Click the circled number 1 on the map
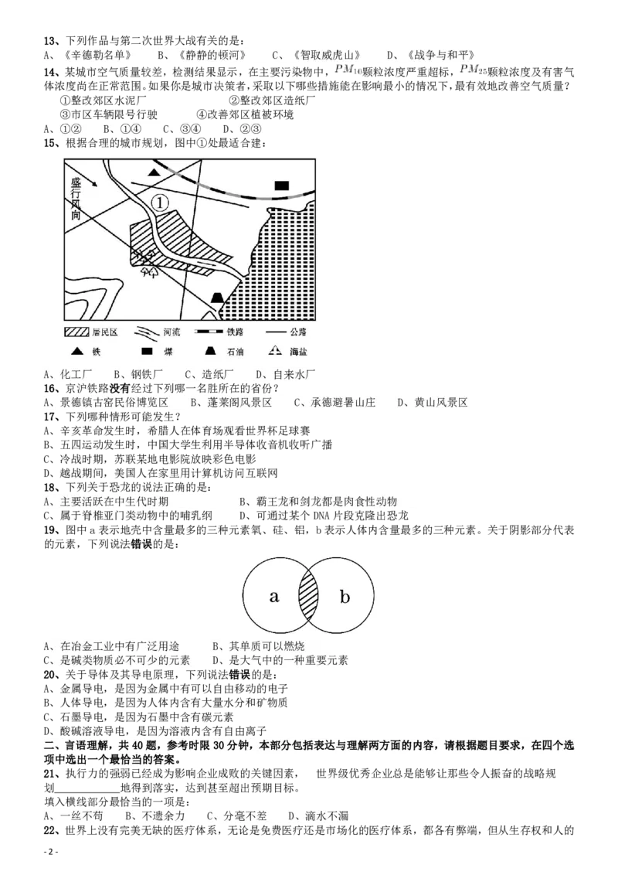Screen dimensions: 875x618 coord(158,203)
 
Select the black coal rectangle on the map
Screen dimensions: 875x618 coord(282,185)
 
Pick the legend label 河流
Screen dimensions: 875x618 coord(173,332)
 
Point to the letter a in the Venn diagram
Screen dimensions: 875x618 coord(273,596)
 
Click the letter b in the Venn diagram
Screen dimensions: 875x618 coord(345,596)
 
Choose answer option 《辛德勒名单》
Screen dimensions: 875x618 coord(99,55)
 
